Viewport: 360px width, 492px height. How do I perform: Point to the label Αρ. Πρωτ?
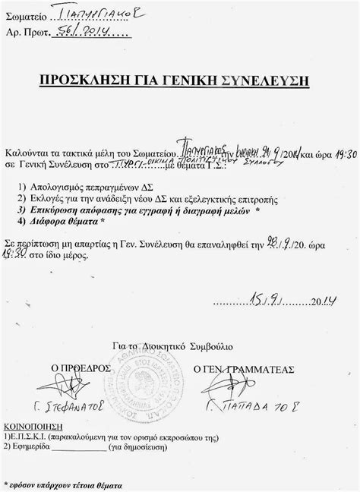30,32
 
